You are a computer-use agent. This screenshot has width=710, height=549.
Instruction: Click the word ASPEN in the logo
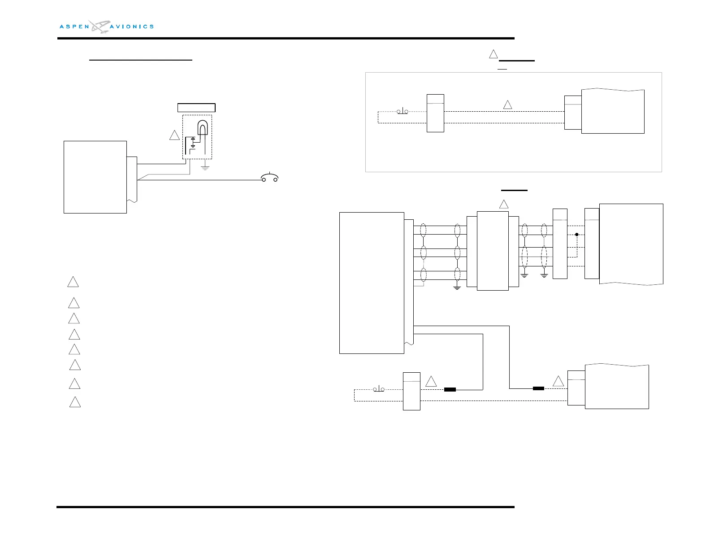tap(74, 27)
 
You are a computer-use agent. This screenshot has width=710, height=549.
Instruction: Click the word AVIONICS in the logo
tap(132, 27)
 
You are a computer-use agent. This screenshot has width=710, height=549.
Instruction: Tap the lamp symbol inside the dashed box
tap(202, 128)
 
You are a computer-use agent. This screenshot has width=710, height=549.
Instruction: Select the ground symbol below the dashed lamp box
tap(205, 168)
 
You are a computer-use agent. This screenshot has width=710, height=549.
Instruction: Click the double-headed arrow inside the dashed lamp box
tap(193, 142)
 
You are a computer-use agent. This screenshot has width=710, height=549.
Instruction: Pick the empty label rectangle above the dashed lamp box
tap(196, 108)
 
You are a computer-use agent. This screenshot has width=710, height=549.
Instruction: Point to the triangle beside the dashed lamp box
tap(174, 135)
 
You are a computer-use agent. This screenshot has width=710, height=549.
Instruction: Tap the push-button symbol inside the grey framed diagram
tap(403, 111)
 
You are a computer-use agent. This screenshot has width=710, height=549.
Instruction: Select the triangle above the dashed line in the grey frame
tap(507, 105)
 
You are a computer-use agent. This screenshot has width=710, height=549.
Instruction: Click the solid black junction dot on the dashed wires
tap(577, 235)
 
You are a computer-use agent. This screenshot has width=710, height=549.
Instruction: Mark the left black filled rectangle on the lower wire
tap(450, 389)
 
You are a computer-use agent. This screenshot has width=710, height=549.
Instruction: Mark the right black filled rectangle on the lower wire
tap(538, 388)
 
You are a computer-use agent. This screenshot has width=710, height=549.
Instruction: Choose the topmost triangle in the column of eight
tap(73, 282)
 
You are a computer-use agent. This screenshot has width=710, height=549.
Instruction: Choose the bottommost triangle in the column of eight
tap(75, 402)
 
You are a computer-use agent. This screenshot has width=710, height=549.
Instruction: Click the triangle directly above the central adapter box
tap(504, 205)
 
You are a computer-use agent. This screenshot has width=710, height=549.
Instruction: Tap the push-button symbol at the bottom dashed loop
tap(379, 389)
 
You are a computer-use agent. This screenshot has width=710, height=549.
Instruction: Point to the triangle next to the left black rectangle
tap(431, 382)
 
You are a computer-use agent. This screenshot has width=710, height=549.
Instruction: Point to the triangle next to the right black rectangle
tap(558, 382)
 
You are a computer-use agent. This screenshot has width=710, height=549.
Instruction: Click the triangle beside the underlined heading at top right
tap(493, 54)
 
